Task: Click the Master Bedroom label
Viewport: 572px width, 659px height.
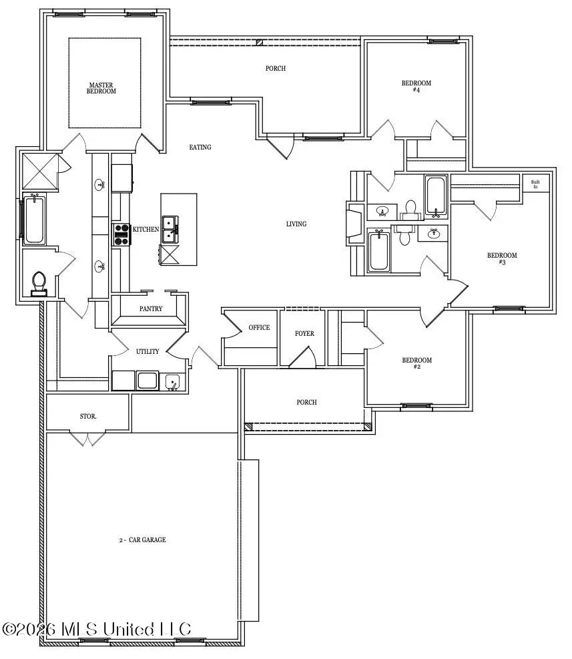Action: (x=102, y=88)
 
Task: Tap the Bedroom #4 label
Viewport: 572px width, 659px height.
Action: (x=416, y=86)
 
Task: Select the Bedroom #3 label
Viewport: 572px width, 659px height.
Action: (x=501, y=258)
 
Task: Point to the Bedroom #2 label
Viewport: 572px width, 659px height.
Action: (x=416, y=363)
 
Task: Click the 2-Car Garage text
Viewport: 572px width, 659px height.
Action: (x=138, y=539)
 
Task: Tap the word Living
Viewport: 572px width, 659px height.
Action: (x=296, y=224)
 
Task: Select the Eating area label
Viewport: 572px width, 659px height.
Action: (x=200, y=147)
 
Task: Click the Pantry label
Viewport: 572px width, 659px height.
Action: (x=151, y=309)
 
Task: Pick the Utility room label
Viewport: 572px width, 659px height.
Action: (x=148, y=352)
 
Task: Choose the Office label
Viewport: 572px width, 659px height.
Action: (x=259, y=327)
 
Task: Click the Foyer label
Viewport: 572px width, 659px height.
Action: (x=304, y=334)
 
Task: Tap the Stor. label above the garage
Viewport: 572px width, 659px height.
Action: (x=88, y=416)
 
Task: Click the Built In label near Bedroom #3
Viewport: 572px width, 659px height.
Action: (x=535, y=184)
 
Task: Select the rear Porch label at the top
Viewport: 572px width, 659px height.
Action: (x=276, y=68)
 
